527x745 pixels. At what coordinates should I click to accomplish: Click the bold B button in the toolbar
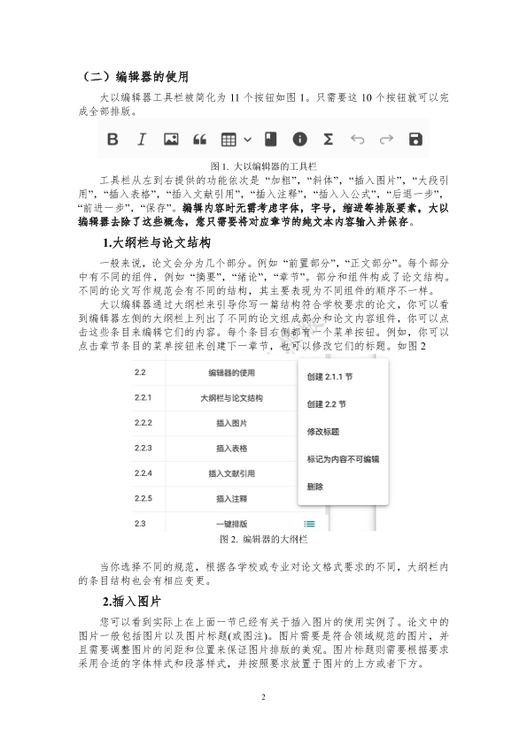(x=112, y=140)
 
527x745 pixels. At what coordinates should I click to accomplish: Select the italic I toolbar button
(x=141, y=140)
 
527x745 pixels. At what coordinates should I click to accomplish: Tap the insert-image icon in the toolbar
(x=172, y=140)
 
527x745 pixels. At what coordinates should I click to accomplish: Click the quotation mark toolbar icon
(x=199, y=140)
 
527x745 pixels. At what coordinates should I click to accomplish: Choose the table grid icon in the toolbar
(x=229, y=140)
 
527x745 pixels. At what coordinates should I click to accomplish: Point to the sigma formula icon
(x=328, y=140)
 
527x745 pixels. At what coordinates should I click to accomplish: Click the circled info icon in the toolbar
(x=300, y=140)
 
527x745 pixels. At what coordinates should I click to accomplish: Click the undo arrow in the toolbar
(x=358, y=140)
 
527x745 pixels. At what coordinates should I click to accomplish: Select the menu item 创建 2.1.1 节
(x=329, y=376)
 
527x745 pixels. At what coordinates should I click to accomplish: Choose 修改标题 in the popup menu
(x=322, y=432)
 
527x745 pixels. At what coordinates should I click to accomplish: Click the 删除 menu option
(x=314, y=487)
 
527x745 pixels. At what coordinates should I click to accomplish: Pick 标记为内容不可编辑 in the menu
(x=343, y=459)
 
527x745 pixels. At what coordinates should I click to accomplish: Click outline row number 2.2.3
(x=143, y=449)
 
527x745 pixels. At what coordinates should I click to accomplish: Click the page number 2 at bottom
(x=263, y=698)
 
